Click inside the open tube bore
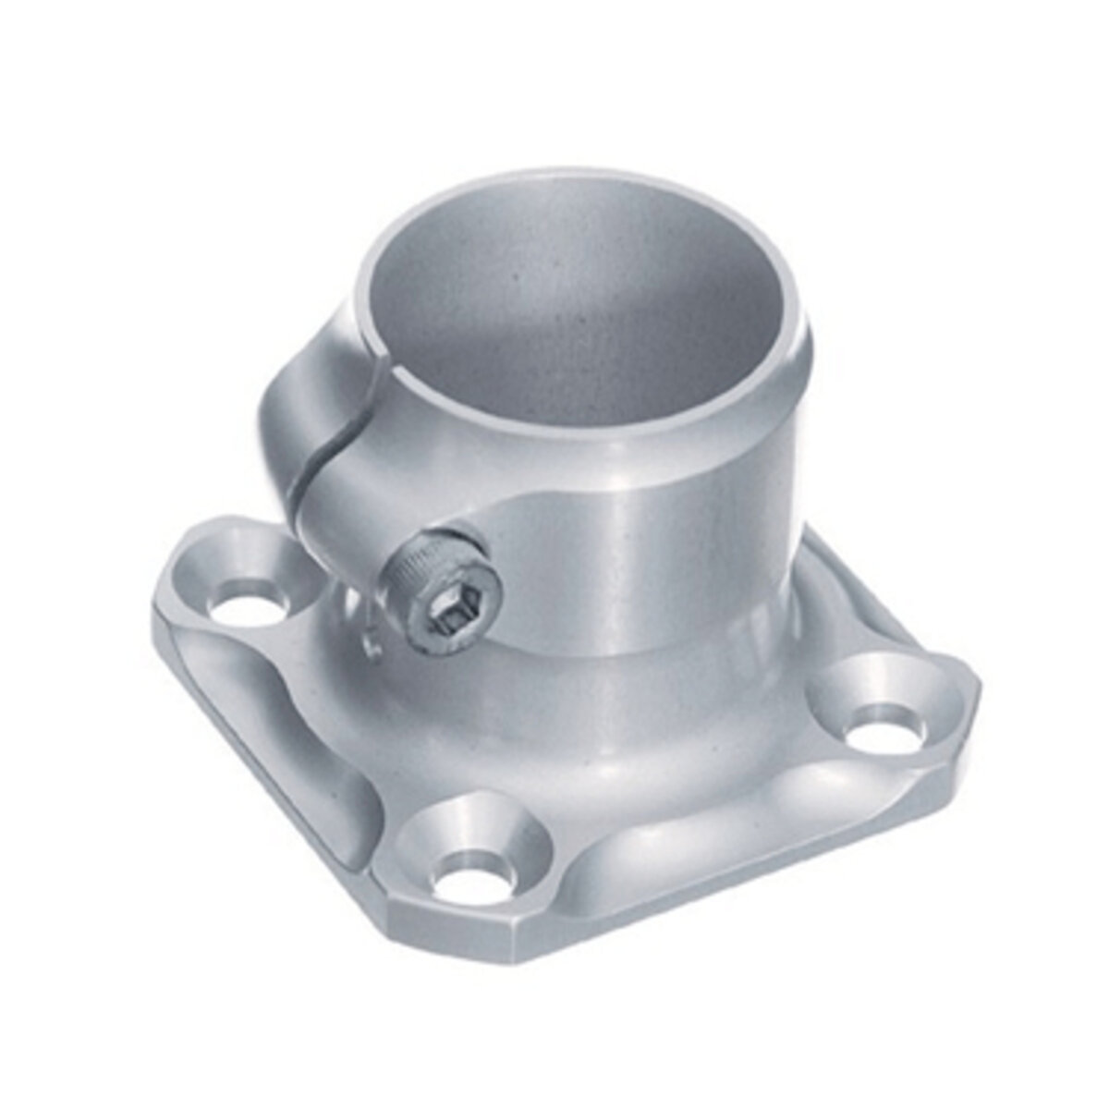coord(573,314)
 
